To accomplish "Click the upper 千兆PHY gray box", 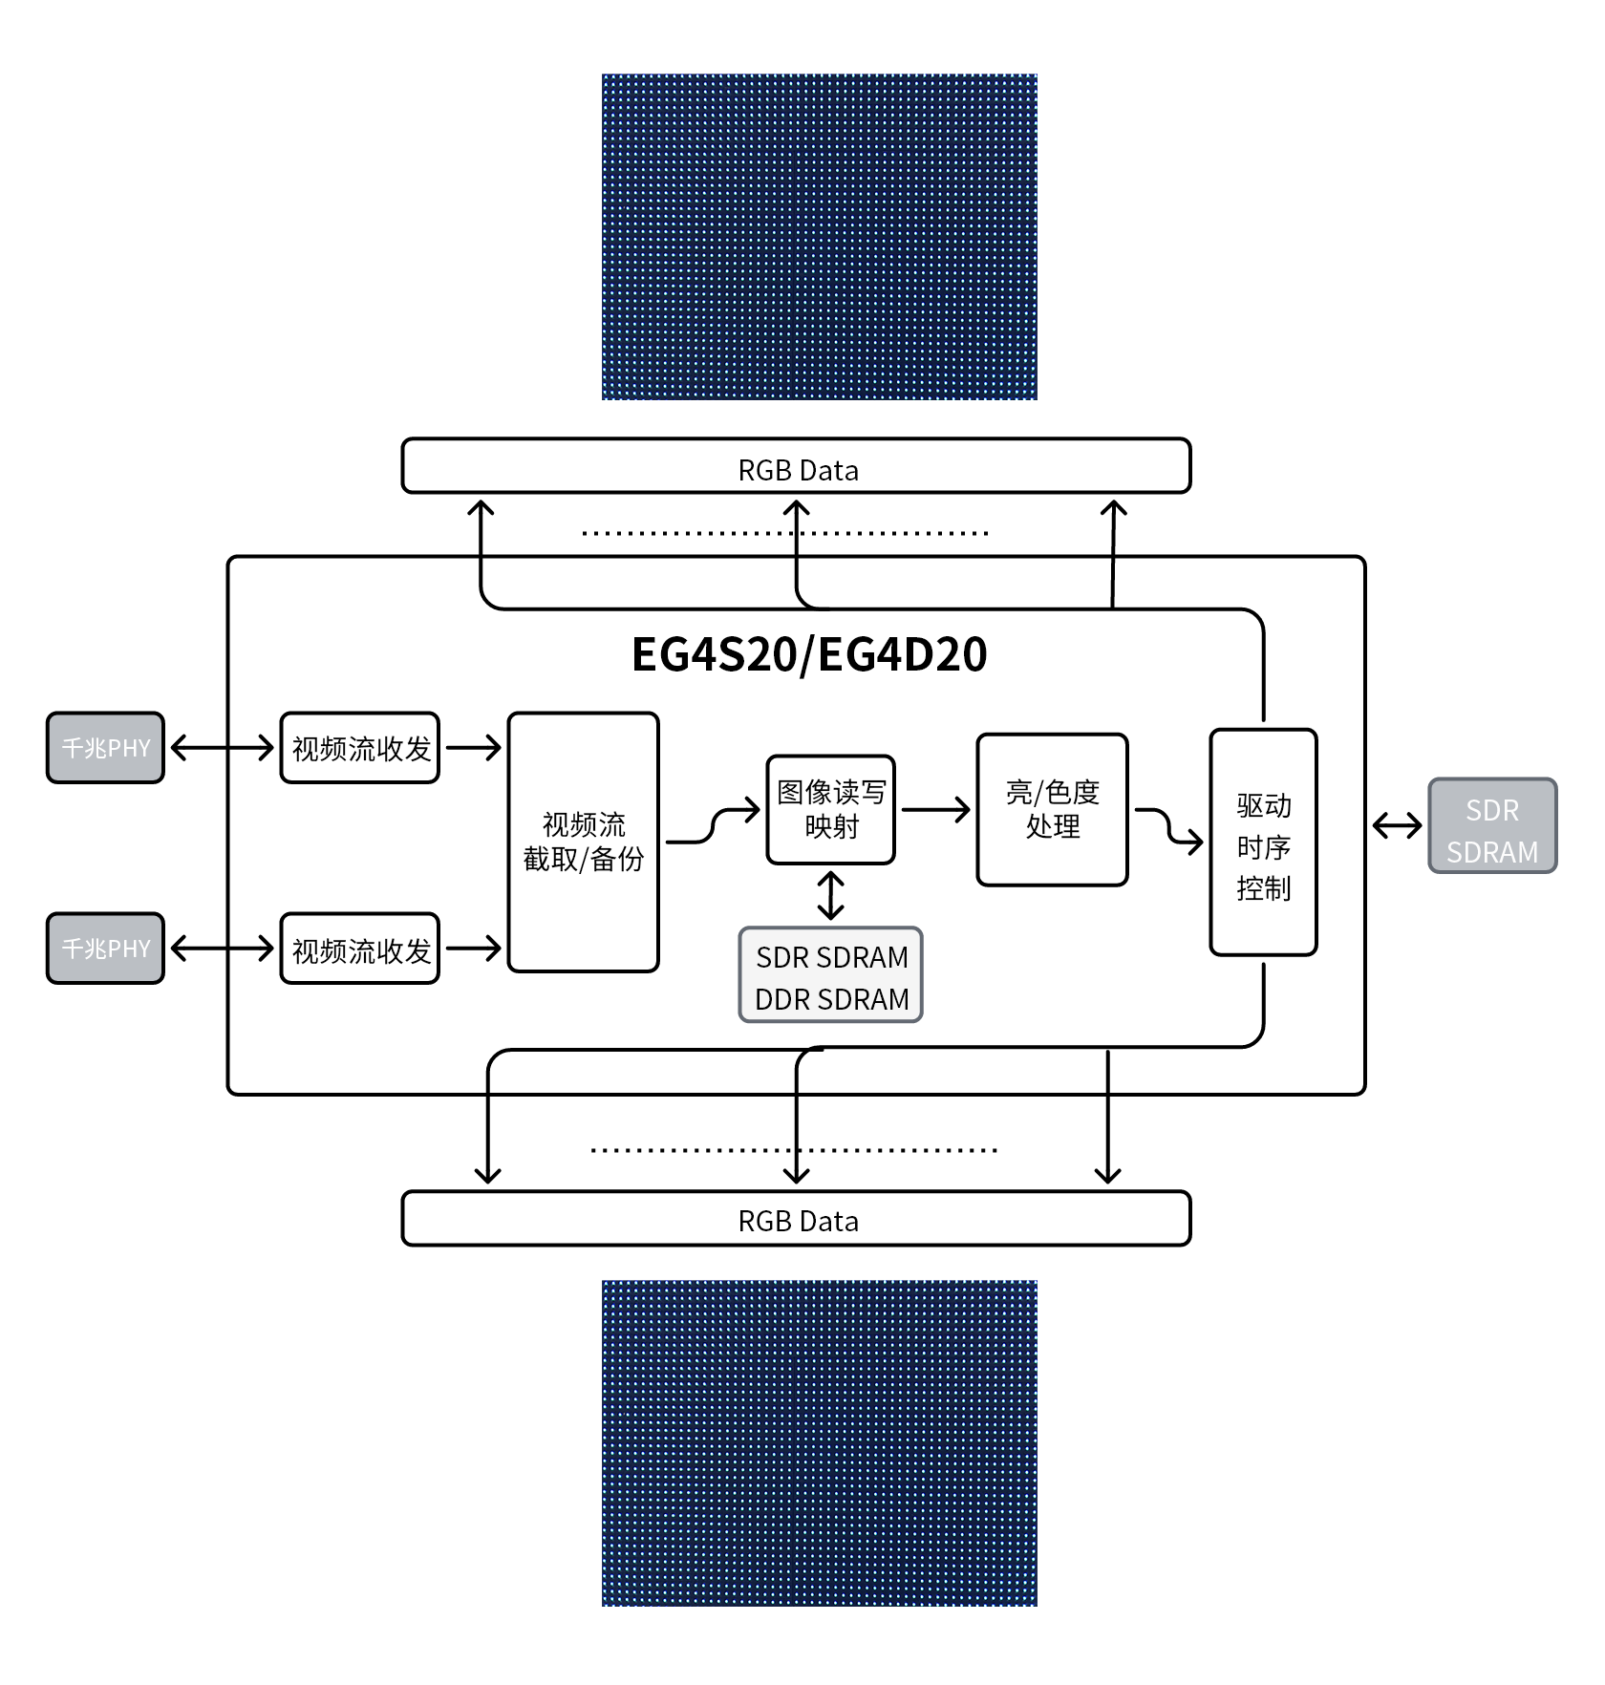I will pyautogui.click(x=105, y=747).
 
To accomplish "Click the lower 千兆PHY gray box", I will pyautogui.click(x=105, y=948).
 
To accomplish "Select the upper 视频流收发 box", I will pyautogui.click(x=360, y=748).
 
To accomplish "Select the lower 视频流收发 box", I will pyautogui.click(x=360, y=949).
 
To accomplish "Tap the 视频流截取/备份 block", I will pyautogui.click(x=583, y=842).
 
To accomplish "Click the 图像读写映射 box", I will pyautogui.click(x=830, y=809).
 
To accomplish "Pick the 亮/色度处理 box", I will pyautogui.click(x=1052, y=809).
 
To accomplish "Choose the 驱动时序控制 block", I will pyautogui.click(x=1263, y=842).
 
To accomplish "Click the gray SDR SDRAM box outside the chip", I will pyautogui.click(x=1491, y=825).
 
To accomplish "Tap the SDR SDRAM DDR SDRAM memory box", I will pyautogui.click(x=830, y=975).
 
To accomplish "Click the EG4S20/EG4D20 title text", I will pyautogui.click(x=808, y=655).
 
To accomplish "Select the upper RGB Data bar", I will pyautogui.click(x=796, y=466).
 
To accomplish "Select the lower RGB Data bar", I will pyautogui.click(x=796, y=1218).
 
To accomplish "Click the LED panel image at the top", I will pyautogui.click(x=819, y=237).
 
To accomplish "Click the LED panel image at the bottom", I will pyautogui.click(x=819, y=1442).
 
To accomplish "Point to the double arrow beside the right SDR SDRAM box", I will pyautogui.click(x=1397, y=825).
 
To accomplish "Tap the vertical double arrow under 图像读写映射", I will pyautogui.click(x=830, y=895).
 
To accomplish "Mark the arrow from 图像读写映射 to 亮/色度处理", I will pyautogui.click(x=935, y=810).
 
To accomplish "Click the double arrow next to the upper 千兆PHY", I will pyautogui.click(x=222, y=747).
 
